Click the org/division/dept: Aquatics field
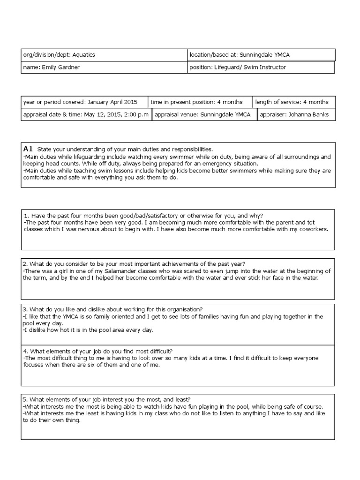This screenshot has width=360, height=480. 104,55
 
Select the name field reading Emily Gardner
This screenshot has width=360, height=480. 104,67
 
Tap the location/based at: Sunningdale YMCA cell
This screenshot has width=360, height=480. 261,55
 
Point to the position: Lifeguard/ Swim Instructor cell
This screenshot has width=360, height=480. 261,67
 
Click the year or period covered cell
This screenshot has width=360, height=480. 84,102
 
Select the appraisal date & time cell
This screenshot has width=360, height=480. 86,114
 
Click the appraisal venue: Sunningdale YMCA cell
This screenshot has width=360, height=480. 204,114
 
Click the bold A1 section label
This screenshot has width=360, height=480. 28,149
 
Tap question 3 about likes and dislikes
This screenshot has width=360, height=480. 112,309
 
